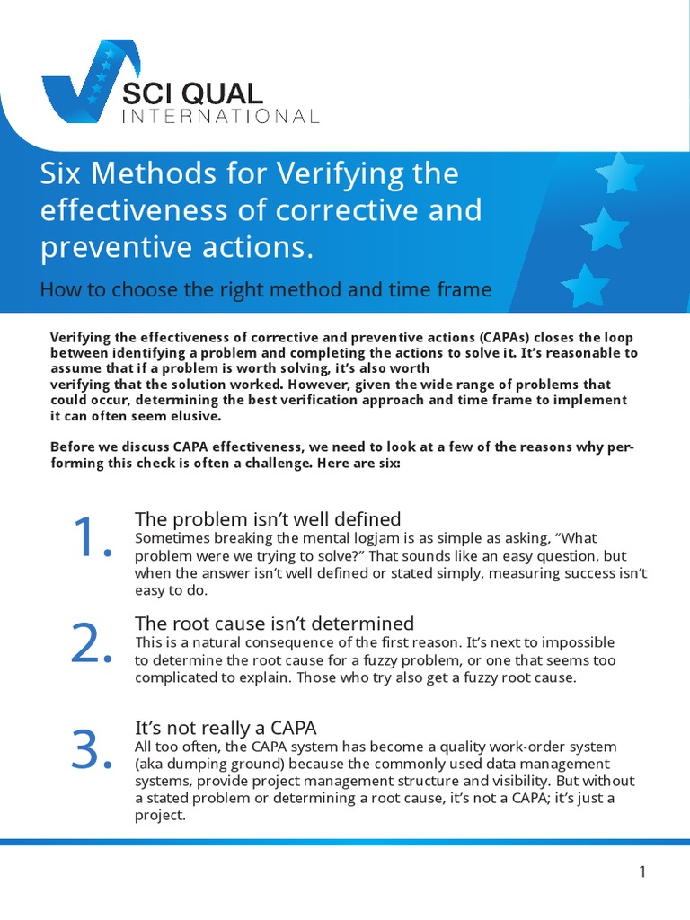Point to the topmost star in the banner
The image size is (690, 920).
619,172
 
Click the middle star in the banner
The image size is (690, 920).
604,230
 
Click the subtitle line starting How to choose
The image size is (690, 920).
266,289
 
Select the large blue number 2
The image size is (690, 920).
90,643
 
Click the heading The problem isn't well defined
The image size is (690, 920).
268,519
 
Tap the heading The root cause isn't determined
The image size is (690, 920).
274,624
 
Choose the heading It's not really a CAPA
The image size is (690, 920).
226,728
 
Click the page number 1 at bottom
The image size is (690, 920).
642,871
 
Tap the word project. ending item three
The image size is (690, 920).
159,816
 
